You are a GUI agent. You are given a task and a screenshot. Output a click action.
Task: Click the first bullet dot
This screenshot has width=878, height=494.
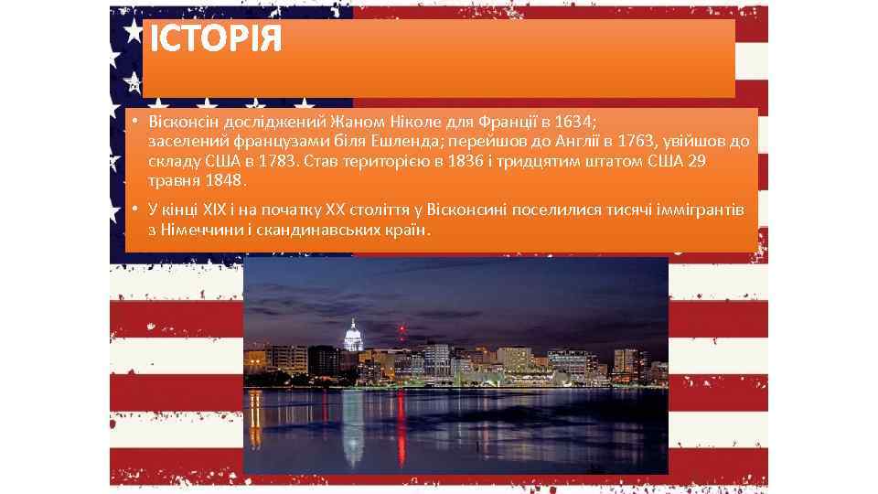(133, 122)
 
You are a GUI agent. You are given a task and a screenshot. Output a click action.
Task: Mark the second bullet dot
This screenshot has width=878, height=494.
(133, 209)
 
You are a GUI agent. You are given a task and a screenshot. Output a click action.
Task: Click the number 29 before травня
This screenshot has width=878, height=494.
(696, 161)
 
